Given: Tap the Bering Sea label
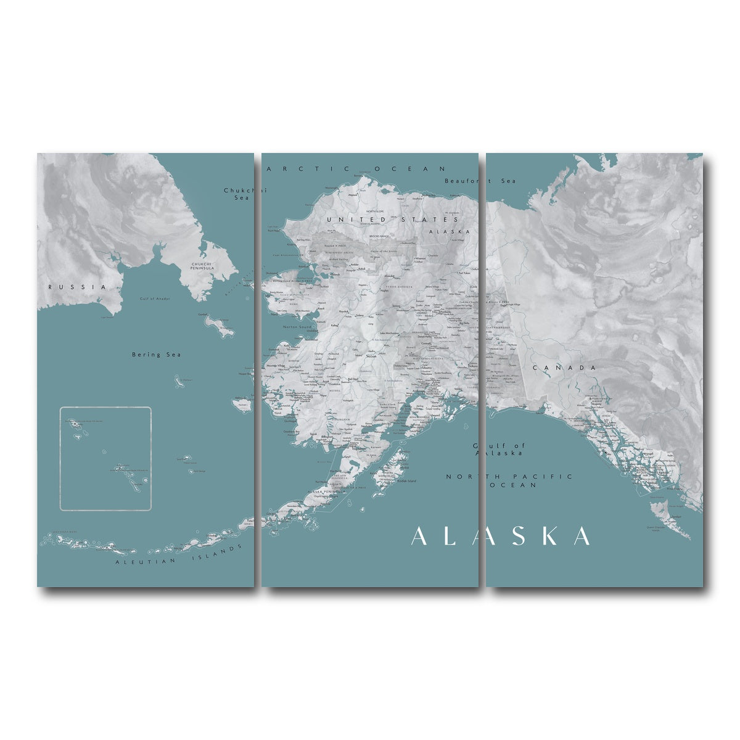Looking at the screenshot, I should (x=147, y=355).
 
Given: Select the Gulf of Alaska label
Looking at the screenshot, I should (x=498, y=449).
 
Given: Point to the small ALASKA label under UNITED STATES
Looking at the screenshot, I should (x=458, y=231).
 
